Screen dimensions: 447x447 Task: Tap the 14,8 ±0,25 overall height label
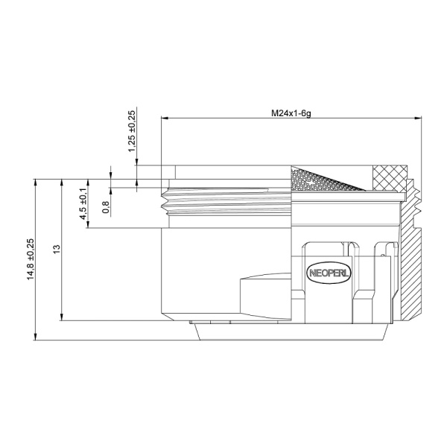click(x=31, y=259)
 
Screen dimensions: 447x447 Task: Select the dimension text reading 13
click(x=57, y=249)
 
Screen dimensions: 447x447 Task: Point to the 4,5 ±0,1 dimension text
click(x=83, y=203)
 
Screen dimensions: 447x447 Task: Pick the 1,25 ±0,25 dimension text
click(x=132, y=131)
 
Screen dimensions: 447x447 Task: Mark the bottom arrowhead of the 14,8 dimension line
click(x=36, y=337)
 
